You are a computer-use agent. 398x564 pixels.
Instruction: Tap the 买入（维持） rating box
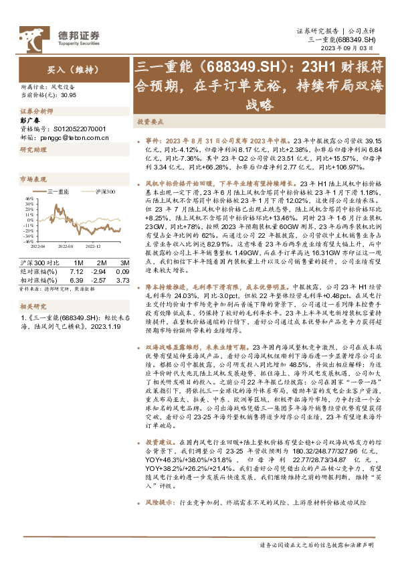(x=54, y=68)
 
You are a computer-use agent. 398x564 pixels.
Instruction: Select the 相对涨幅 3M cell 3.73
(x=121, y=271)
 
